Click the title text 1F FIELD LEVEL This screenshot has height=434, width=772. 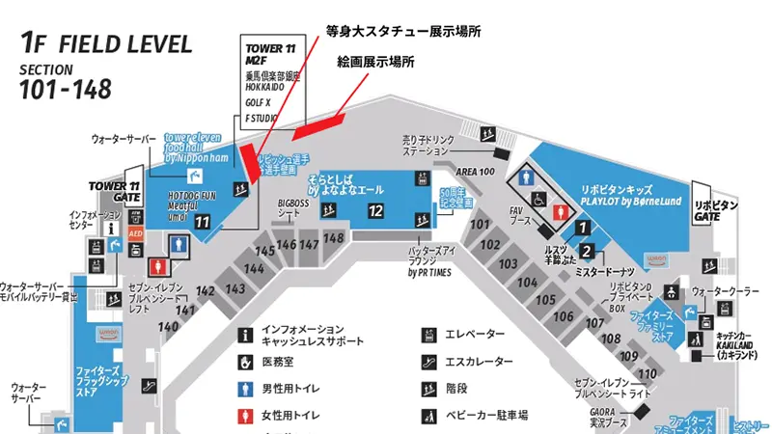106,44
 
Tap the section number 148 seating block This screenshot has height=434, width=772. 334,238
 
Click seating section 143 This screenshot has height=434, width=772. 234,288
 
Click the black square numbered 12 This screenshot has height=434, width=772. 376,211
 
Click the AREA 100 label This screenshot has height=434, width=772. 475,171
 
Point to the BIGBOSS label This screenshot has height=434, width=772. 293,203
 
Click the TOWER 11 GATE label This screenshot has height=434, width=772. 115,191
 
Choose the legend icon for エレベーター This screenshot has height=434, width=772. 426,334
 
